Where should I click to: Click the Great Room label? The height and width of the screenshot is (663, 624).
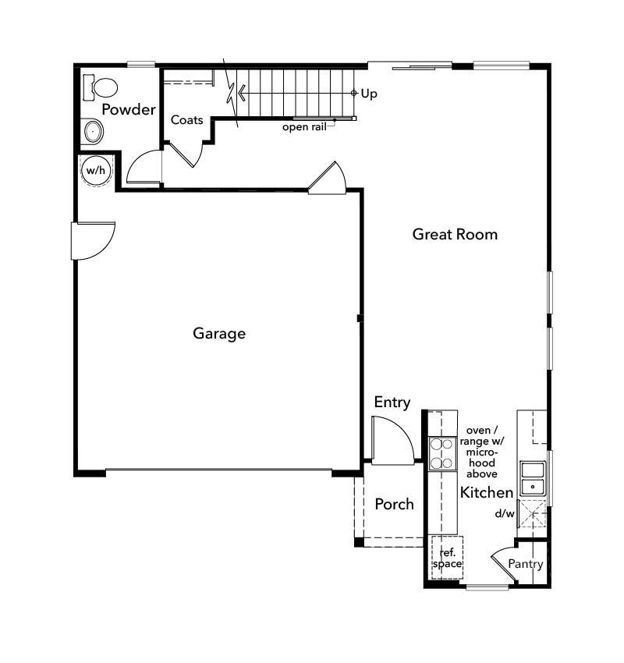point(455,234)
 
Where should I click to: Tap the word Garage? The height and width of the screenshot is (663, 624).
point(219,334)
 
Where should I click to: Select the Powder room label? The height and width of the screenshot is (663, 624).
point(129,109)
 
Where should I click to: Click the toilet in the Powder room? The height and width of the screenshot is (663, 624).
point(100,85)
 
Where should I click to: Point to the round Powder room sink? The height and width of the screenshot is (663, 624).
point(93,131)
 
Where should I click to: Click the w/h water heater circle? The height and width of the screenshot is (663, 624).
point(95,170)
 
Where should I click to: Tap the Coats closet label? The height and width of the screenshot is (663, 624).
point(187,120)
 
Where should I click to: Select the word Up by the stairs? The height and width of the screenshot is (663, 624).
point(369,94)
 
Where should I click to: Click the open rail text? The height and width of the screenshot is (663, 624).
point(304,127)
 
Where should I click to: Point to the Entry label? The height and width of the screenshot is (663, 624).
point(392,402)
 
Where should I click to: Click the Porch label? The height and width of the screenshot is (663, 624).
point(394,505)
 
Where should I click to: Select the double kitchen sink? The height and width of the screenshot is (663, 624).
point(534,478)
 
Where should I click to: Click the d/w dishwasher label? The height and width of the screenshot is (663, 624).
point(505,514)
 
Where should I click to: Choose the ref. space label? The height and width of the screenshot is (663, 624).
point(447,558)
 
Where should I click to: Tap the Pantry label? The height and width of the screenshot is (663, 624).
point(525,564)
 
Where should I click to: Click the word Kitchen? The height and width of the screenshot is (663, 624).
point(487,493)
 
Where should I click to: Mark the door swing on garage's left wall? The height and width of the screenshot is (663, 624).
point(92,240)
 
